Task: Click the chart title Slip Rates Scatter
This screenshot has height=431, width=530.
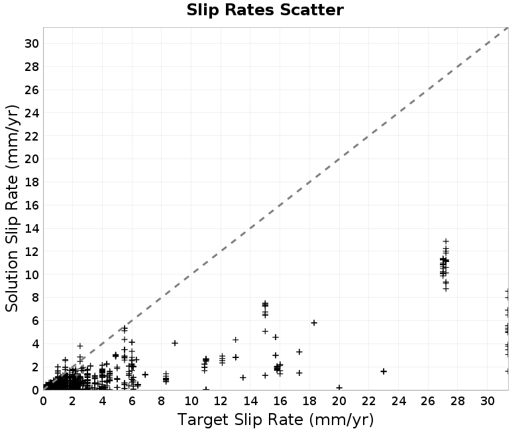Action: click(265, 10)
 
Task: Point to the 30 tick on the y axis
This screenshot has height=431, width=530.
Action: click(32, 44)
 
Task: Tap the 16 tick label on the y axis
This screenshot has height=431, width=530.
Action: click(32, 206)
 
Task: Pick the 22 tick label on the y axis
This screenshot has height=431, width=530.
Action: click(32, 136)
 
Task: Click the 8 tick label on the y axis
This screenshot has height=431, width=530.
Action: click(35, 298)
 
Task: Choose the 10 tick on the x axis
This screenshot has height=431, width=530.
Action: click(191, 401)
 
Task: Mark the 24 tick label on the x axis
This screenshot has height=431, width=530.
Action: click(399, 401)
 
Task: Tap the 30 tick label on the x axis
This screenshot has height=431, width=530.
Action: click(488, 401)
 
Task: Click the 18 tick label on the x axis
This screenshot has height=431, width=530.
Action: click(309, 401)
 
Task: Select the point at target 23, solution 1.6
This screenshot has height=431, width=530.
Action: click(384, 371)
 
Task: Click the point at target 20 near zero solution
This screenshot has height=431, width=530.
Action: click(339, 388)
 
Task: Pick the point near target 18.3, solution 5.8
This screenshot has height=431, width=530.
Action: click(314, 323)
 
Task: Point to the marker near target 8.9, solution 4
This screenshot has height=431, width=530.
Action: click(175, 343)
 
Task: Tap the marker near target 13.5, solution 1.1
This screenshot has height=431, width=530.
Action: click(243, 377)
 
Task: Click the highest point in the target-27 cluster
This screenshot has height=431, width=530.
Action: click(446, 241)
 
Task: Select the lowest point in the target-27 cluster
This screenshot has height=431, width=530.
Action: click(446, 289)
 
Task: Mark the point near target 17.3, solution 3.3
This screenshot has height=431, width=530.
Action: click(299, 352)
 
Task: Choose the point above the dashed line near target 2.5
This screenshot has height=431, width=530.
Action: click(80, 346)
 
